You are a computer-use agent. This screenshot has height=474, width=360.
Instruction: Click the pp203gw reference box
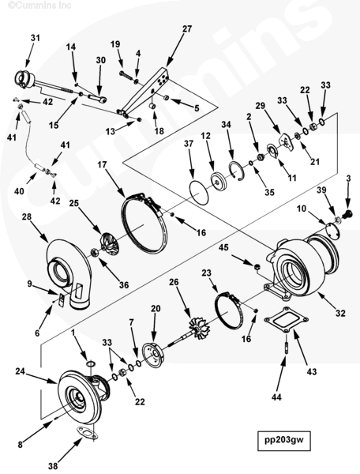coord(284,440)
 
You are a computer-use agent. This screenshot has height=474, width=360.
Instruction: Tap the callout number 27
coord(187,28)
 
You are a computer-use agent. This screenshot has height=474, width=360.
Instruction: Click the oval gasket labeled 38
coord(88,432)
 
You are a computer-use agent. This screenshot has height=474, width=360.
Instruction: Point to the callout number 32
coord(340,313)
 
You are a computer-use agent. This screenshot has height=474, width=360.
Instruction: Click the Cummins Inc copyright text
coord(39,6)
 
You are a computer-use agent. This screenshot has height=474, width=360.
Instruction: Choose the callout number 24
coord(21,371)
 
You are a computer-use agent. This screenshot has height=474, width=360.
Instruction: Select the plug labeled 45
coord(257,266)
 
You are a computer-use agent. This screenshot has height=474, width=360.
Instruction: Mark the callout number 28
coord(27,216)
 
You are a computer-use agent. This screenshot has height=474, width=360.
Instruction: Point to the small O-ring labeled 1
coord(90,363)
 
